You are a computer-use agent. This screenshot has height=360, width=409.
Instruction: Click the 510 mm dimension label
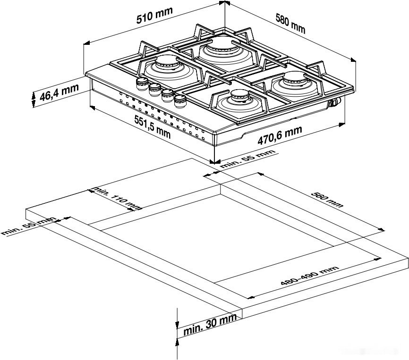pyautogui.click(x=154, y=17)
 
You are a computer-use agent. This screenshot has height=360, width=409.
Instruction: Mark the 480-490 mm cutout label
pyautogui.click(x=309, y=276)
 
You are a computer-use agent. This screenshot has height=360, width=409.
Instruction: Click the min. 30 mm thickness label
pyautogui.click(x=210, y=325)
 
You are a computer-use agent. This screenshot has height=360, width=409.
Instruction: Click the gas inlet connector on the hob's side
pyautogui.click(x=335, y=101)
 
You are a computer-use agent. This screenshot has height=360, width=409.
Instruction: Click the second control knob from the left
pyautogui.click(x=154, y=89)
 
